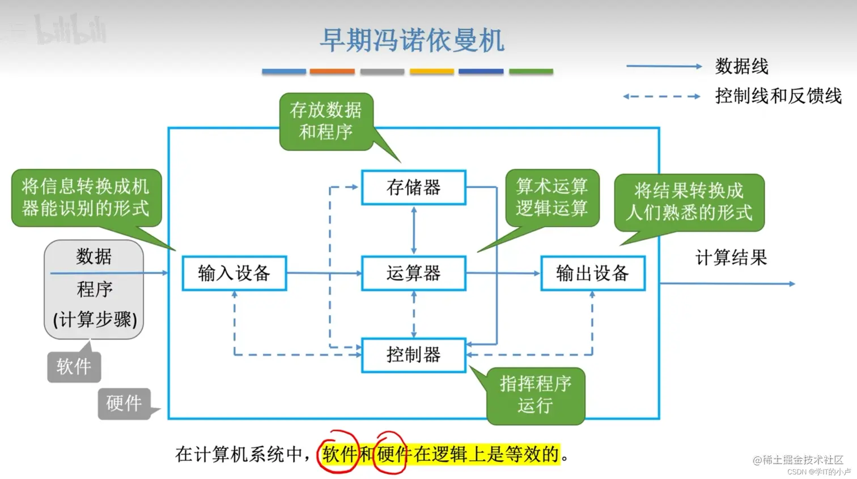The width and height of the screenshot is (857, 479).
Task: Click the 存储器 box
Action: pyautogui.click(x=413, y=187)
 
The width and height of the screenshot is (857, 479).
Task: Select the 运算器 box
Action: pyautogui.click(x=413, y=273)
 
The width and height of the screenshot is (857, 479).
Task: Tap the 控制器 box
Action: pyautogui.click(x=413, y=355)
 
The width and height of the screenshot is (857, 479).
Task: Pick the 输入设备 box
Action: pyautogui.click(x=234, y=273)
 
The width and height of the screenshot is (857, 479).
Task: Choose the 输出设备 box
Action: pyautogui.click(x=592, y=273)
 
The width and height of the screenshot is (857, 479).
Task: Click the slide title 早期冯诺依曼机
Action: pyautogui.click(x=412, y=41)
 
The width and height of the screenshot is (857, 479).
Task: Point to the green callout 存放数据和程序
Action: pyautogui.click(x=326, y=121)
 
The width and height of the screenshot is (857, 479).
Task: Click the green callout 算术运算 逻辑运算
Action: pyautogui.click(x=551, y=197)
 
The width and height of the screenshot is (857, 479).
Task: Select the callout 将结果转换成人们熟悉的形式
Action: pyautogui.click(x=689, y=202)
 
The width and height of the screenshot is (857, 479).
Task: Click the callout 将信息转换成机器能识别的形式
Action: pyautogui.click(x=86, y=197)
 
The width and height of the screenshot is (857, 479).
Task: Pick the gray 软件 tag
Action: pyautogui.click(x=74, y=367)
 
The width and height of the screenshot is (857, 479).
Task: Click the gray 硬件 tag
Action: pyautogui.click(x=124, y=403)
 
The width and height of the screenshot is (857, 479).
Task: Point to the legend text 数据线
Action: pyautogui.click(x=741, y=66)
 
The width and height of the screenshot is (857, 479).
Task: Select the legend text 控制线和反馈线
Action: pyautogui.click(x=778, y=96)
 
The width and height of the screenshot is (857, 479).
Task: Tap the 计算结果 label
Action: pyautogui.click(x=731, y=258)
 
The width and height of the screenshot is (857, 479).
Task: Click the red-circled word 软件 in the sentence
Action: pyautogui.click(x=339, y=453)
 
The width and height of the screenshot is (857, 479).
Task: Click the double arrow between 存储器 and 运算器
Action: pyautogui.click(x=414, y=230)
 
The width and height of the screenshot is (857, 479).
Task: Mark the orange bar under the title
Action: pyautogui.click(x=332, y=71)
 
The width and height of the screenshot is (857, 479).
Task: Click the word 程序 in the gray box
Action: pyautogui.click(x=95, y=289)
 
